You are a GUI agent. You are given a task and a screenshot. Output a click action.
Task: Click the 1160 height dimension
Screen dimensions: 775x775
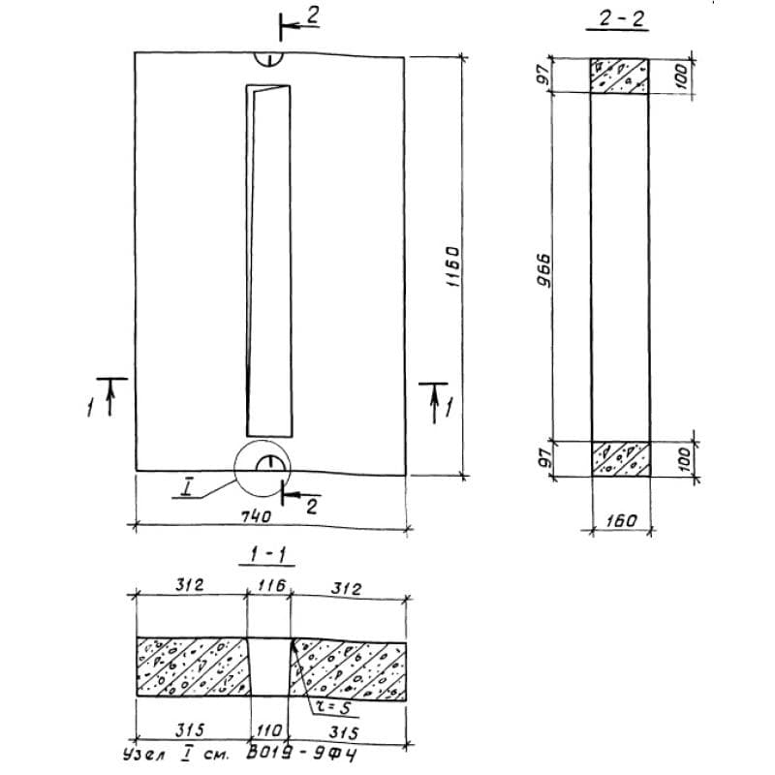point(451,267)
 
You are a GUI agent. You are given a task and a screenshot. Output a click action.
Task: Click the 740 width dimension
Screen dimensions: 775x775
point(257,516)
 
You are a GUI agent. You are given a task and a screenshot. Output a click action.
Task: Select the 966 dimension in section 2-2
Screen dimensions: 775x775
point(543,270)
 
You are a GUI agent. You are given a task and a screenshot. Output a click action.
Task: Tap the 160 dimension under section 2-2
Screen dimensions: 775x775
point(621,520)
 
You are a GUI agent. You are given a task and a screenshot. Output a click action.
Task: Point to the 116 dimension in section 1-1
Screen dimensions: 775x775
point(271,586)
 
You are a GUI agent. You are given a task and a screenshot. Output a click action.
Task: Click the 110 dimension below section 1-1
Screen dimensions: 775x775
point(270,730)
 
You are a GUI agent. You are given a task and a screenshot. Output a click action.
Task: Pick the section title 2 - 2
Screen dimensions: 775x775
point(617,18)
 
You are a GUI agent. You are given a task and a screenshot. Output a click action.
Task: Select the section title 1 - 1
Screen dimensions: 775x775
point(267,555)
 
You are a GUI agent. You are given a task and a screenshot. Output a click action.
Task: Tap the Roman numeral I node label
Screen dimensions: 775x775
point(186,489)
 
